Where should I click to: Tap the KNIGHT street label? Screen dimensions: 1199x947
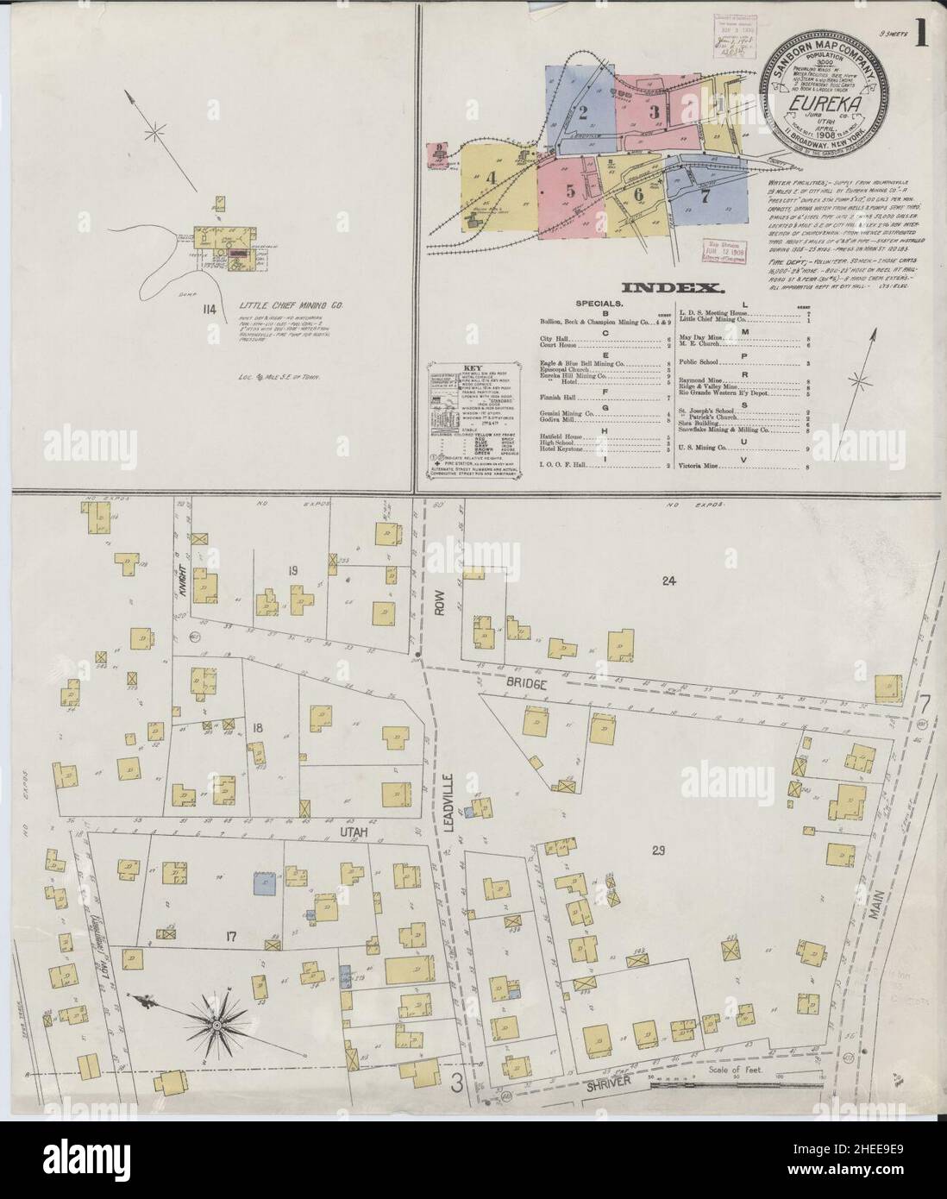(x=183, y=571)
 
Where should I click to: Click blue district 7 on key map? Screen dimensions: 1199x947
(x=705, y=193)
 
